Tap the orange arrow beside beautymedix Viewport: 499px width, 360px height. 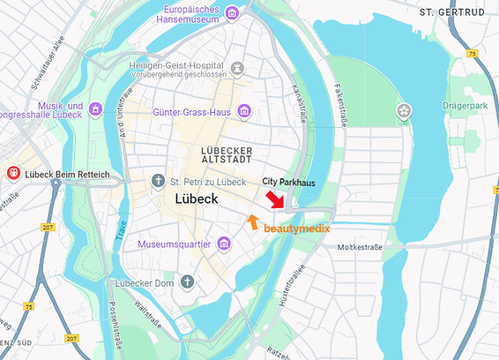(253, 221)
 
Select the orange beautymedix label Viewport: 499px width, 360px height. (297, 229)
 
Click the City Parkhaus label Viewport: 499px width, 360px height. (288, 181)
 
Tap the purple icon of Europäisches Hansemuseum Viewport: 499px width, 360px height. (231, 12)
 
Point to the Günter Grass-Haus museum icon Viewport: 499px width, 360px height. (245, 110)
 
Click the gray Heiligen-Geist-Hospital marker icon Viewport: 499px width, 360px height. (236, 67)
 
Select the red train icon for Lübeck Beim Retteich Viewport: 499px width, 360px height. (13, 174)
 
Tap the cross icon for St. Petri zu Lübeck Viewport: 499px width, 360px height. (158, 181)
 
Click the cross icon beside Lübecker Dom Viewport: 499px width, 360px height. (187, 281)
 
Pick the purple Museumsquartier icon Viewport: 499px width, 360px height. (225, 243)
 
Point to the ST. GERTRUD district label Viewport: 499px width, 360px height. (451, 12)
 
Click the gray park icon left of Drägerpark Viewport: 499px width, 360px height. (404, 111)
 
